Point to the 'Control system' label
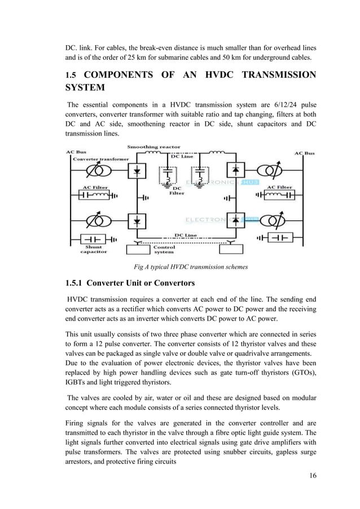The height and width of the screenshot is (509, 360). [x=165, y=249]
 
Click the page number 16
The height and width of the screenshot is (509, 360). [x=313, y=474]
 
